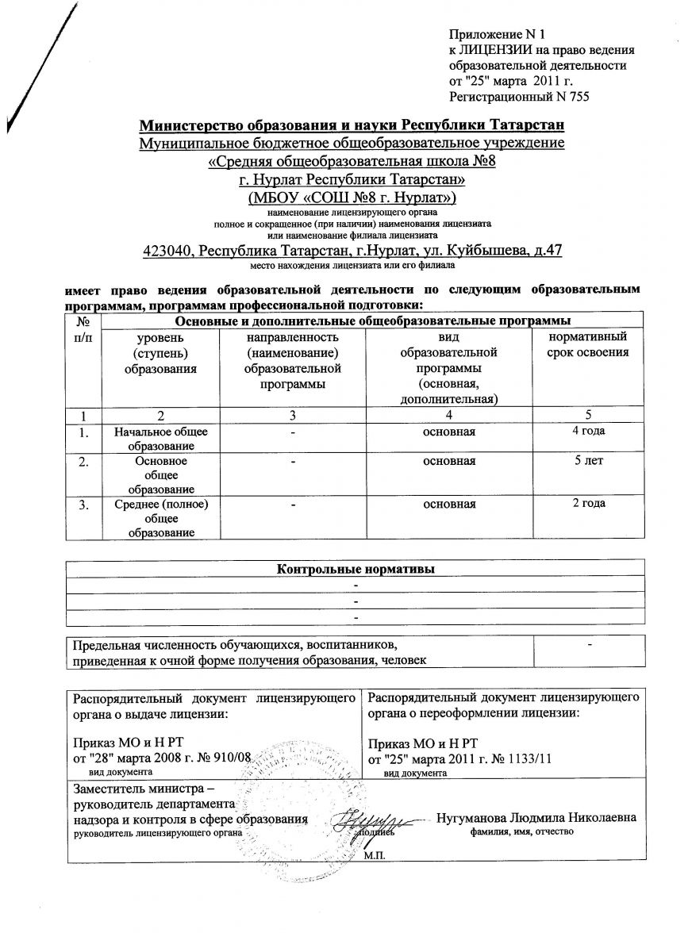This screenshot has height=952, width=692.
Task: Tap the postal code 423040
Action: click(168, 251)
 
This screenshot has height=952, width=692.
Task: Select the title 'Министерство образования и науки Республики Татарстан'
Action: click(352, 126)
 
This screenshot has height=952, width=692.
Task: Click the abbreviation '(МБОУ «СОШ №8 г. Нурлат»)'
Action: click(352, 197)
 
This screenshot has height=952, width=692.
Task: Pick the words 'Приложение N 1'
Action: click(487, 36)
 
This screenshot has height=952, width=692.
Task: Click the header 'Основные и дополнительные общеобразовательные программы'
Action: click(372, 321)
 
